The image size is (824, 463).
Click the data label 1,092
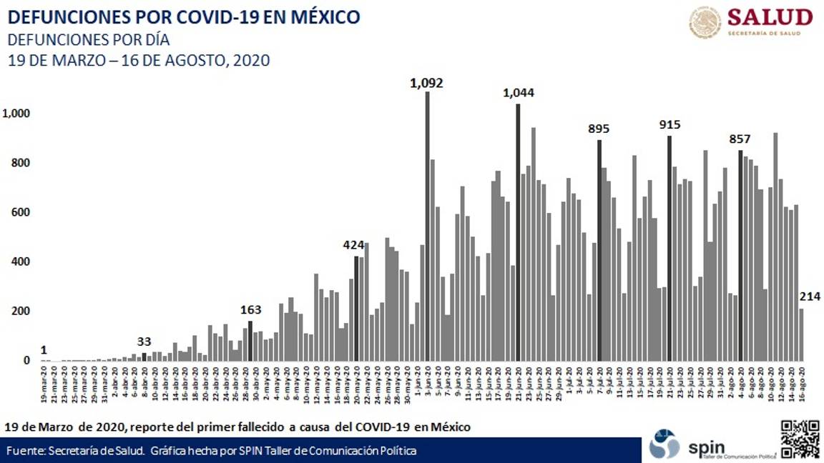426,83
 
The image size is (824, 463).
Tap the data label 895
599,129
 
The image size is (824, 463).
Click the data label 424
355,246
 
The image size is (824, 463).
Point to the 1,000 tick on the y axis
17,114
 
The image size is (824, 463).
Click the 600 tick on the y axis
22,212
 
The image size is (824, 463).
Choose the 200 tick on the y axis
22,311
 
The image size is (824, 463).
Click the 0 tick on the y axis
26,361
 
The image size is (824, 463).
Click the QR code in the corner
799,439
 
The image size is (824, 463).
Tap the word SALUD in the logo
770,17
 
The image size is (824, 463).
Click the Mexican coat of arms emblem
705,22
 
